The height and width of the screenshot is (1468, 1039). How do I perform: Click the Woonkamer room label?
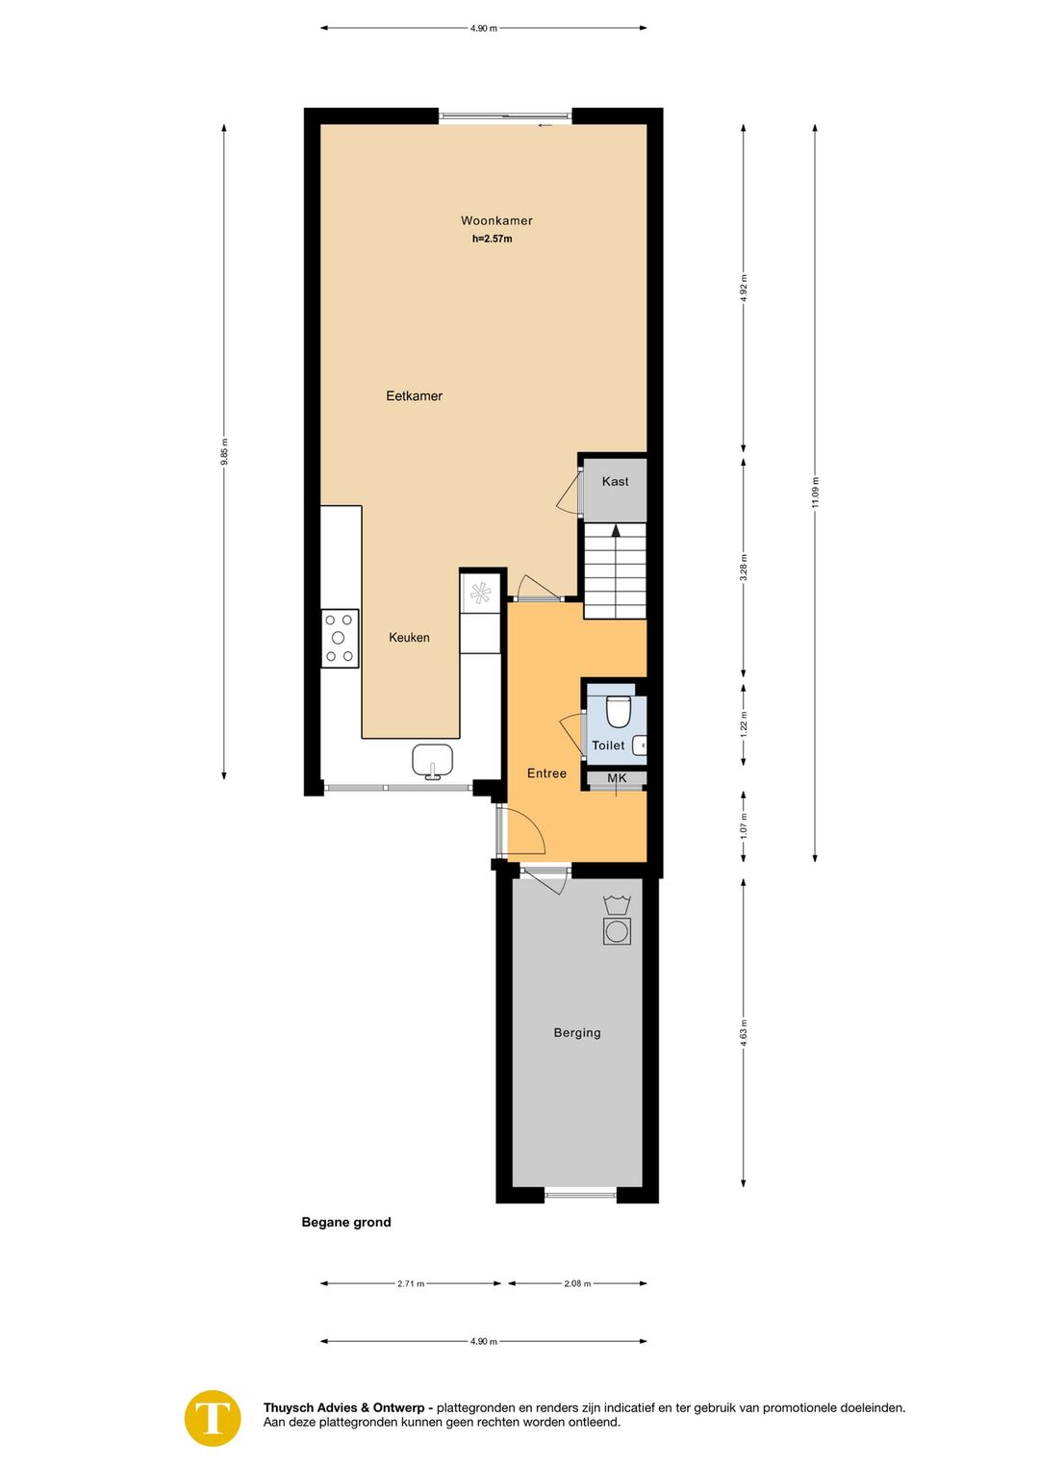[x=496, y=220]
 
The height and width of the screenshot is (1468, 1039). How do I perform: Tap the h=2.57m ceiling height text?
[x=492, y=239]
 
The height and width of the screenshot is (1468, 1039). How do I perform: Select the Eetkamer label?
[x=414, y=395]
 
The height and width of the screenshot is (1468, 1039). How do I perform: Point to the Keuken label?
[x=409, y=637]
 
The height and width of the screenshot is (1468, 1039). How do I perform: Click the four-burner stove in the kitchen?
[x=340, y=638]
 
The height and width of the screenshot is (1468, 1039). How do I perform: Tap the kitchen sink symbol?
[x=432, y=760]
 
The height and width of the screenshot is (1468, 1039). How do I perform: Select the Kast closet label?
[x=615, y=481]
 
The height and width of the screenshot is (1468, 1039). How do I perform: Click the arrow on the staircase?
[x=616, y=530]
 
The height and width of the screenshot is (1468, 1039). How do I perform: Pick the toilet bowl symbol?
[x=618, y=713]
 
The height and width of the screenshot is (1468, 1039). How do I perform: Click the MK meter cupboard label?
[x=617, y=778]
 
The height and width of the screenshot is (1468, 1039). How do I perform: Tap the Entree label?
[x=546, y=773]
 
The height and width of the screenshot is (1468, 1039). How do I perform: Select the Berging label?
[x=577, y=1032]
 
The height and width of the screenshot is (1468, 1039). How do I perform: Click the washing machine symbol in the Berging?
[x=617, y=931]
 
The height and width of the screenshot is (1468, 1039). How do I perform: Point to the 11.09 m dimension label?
[x=815, y=492]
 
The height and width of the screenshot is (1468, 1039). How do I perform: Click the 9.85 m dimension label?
[x=224, y=451]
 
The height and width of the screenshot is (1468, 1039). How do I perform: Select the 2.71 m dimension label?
[x=411, y=1283]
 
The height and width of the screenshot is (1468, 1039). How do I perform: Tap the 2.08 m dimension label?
[x=577, y=1283]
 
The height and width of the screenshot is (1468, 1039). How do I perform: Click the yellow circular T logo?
[x=213, y=1418]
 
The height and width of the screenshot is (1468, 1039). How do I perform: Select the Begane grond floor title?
[x=346, y=1223]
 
